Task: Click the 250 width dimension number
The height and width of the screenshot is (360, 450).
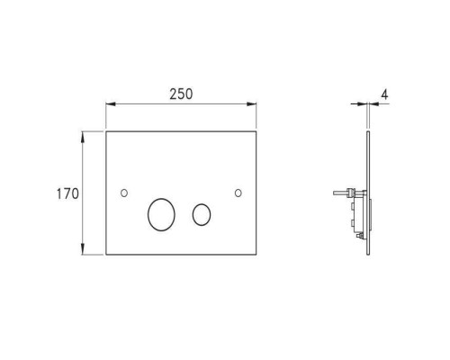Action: click(x=180, y=94)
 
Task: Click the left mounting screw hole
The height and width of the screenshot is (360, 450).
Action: click(x=123, y=193)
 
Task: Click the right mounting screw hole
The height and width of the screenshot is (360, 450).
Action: click(x=238, y=193)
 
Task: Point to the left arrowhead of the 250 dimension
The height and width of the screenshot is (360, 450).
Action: click(x=111, y=103)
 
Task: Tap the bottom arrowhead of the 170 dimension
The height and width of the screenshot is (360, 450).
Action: click(x=84, y=251)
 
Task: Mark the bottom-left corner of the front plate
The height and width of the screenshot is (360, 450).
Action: click(x=107, y=255)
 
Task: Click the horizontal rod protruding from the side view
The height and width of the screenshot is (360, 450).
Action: click(x=339, y=192)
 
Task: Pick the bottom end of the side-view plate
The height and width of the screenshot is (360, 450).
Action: click(x=367, y=254)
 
